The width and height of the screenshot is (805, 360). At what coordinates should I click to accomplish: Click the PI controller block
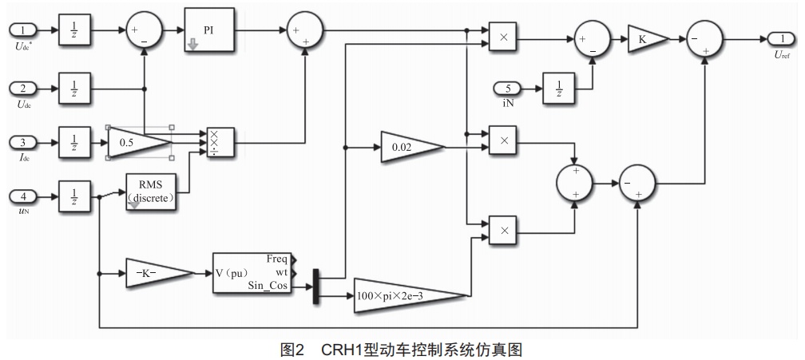(209, 30)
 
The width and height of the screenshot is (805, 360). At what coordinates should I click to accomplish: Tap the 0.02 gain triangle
(408, 147)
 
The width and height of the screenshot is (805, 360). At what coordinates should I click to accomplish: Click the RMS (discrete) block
(152, 193)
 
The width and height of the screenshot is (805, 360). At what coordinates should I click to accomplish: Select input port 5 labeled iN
(507, 86)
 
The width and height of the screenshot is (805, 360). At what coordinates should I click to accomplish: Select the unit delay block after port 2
(74, 87)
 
